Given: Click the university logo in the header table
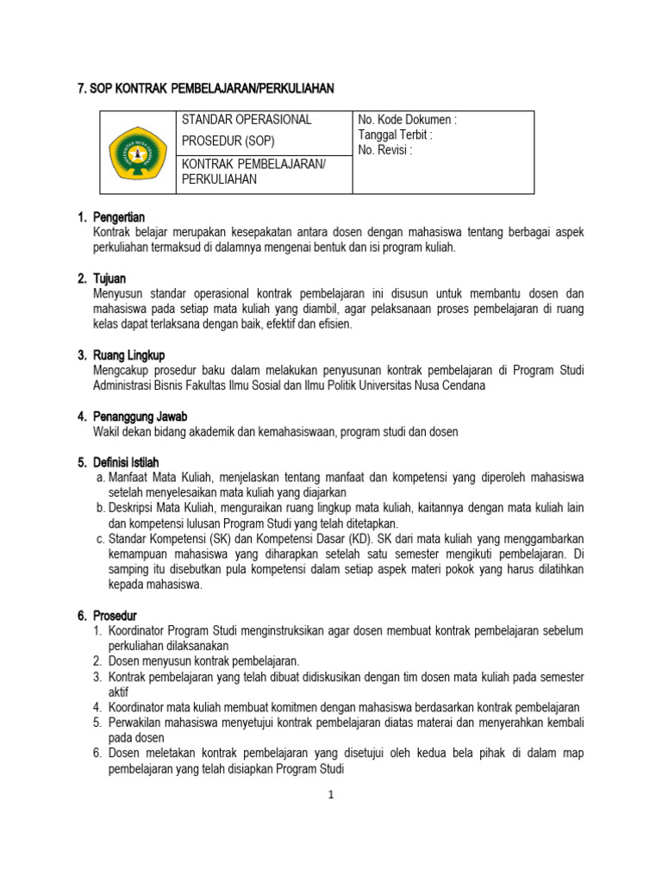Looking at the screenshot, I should point(138,153).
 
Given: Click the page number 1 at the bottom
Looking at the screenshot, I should point(329,795).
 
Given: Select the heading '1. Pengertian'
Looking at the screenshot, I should point(110,217).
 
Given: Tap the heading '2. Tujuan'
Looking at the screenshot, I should point(102,279).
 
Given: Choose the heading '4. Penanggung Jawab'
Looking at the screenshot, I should point(132,416).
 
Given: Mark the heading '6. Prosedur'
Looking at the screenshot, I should point(107,616).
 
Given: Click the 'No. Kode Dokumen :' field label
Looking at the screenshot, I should point(407,121).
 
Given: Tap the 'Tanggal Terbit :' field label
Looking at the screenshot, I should point(395,135).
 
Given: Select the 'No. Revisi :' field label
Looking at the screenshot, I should point(385,150).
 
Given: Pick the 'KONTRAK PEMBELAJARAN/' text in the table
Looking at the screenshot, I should point(253,164).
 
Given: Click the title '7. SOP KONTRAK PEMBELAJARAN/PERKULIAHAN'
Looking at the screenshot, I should point(205,89).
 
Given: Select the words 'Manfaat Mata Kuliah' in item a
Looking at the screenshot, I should point(156,478).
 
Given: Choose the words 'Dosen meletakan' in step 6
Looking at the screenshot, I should point(148,754).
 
